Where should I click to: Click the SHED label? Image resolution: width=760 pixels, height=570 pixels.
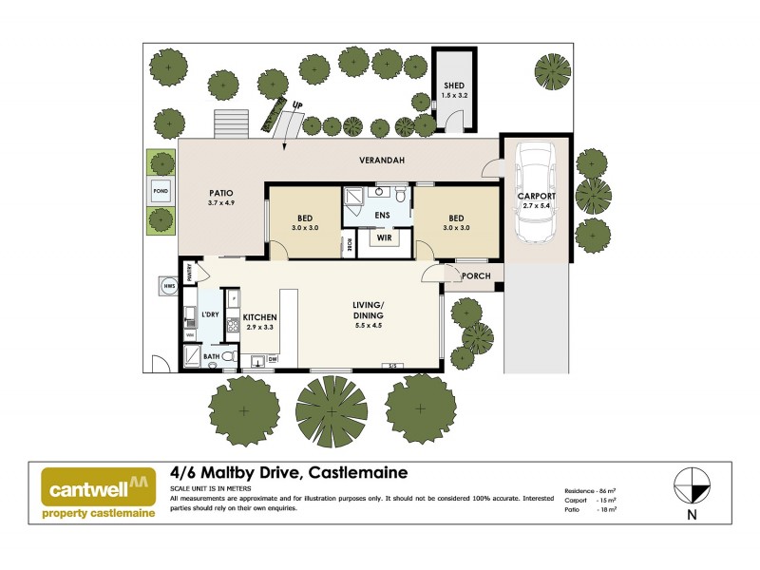[453, 85]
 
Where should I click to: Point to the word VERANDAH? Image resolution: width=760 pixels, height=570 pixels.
[384, 161]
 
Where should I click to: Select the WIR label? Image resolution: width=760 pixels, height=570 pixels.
[385, 237]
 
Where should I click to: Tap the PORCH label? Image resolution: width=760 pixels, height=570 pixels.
[475, 276]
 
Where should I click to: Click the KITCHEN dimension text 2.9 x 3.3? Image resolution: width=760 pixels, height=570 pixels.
[259, 327]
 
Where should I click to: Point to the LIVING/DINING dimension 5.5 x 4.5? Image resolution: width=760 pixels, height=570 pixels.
[369, 327]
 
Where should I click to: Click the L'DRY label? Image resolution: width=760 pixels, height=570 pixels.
[210, 313]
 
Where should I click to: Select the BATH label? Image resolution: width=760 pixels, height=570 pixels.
[211, 357]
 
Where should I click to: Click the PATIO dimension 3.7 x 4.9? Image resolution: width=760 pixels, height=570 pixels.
[220, 202]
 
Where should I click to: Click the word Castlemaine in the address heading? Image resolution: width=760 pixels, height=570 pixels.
[357, 473]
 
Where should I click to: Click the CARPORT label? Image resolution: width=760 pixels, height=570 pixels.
[536, 197]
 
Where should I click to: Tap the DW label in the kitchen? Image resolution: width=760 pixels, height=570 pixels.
[272, 359]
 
